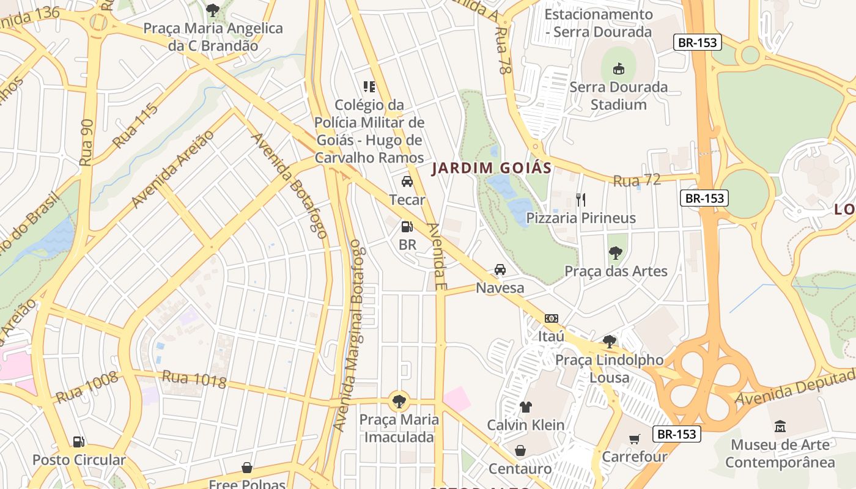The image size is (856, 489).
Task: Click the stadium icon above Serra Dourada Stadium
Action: click(618, 68)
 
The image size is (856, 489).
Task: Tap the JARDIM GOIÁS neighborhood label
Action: click(492, 168)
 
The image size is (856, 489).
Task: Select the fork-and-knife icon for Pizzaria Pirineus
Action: click(581, 199)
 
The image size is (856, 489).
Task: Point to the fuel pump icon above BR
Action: click(407, 227)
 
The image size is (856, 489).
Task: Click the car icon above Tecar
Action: click(407, 182)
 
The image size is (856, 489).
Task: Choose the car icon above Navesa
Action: click(500, 270)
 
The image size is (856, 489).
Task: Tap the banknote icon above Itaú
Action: click(552, 318)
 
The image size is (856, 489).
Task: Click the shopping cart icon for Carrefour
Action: click(635, 439)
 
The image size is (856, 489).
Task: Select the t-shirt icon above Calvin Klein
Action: click(526, 406)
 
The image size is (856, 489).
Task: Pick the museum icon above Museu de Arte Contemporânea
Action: click(780, 426)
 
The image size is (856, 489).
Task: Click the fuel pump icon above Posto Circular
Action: click(78, 441)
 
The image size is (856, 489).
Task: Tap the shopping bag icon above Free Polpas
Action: click(247, 468)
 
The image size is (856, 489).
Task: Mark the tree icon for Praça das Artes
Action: click(616, 252)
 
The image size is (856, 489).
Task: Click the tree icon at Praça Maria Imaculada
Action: click(399, 402)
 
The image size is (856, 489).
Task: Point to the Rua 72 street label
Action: click(637, 180)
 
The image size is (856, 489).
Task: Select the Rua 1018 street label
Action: click(194, 380)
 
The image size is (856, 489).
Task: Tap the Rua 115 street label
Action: click(135, 126)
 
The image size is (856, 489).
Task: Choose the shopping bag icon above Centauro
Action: click(520, 450)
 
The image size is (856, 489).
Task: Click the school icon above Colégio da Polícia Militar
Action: click(369, 87)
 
